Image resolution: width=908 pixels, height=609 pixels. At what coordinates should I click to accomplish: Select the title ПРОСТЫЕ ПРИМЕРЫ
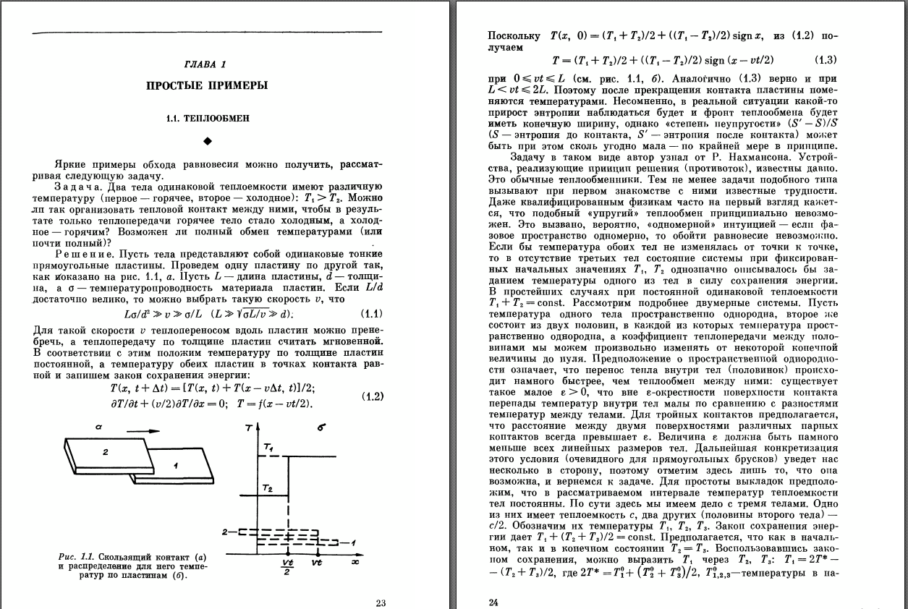pos(207,86)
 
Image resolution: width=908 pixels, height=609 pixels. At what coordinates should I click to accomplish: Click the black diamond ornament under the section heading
pos(207,140)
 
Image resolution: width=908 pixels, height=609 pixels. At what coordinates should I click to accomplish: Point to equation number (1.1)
pos(372,313)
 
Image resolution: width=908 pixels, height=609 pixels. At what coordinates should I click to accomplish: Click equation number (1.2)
pos(372,396)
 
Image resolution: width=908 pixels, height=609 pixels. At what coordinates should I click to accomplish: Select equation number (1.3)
pos(826,60)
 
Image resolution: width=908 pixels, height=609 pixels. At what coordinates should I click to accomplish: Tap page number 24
pos(493,602)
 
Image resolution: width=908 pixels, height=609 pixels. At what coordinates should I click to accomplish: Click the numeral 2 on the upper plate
pos(105,452)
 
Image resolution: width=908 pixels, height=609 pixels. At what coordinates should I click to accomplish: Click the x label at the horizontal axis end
pos(355,561)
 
